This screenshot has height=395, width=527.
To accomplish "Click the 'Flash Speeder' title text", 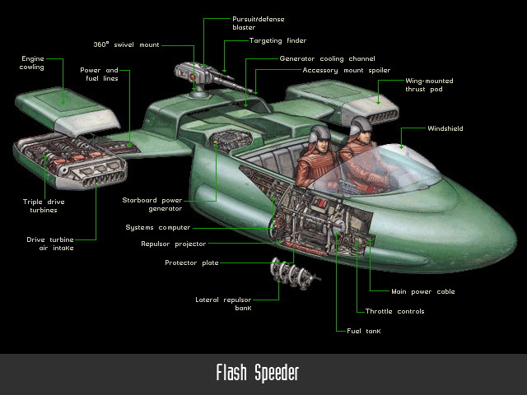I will tap(257, 374).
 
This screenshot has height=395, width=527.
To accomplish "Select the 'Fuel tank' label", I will tap(361, 330).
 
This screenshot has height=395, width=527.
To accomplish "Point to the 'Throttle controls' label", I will tap(394, 311).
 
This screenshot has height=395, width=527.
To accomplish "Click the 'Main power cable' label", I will tap(423, 291).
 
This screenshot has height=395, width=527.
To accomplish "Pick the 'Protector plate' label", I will tap(192, 263).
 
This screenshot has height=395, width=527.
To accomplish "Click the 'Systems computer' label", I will tap(158, 227).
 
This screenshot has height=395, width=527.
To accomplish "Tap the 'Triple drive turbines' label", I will tap(44, 205).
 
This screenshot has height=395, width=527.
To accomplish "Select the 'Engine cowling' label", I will tap(33, 63).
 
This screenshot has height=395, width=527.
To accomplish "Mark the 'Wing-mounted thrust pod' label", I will tap(429, 85).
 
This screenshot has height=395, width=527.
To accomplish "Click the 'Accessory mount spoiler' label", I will tap(346, 70).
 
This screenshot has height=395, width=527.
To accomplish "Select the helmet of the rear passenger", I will tap(320, 133).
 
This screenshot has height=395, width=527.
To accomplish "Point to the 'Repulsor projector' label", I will tap(173, 244).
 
